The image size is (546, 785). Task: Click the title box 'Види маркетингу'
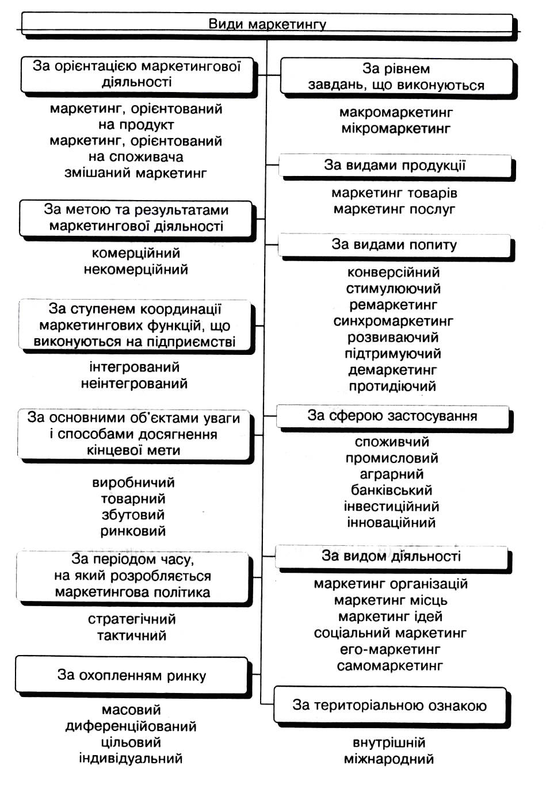(267, 24)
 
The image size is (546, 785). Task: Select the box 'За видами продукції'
(395, 166)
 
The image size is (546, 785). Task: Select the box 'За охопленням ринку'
(132, 675)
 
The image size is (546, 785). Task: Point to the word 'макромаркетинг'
(396, 113)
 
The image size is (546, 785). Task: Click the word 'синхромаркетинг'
(394, 321)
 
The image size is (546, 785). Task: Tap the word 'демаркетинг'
(392, 370)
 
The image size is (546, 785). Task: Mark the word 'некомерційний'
(136, 269)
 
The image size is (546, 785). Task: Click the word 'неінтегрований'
(134, 383)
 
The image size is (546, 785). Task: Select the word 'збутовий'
(133, 515)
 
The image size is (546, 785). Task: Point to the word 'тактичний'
(132, 635)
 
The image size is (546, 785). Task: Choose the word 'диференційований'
(131, 726)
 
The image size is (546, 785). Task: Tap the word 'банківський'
(391, 491)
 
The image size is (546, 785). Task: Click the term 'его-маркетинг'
(390, 649)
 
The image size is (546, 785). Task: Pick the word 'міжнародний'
(389, 759)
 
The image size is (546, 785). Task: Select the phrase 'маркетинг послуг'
(394, 209)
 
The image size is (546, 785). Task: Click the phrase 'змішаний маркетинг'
(136, 173)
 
